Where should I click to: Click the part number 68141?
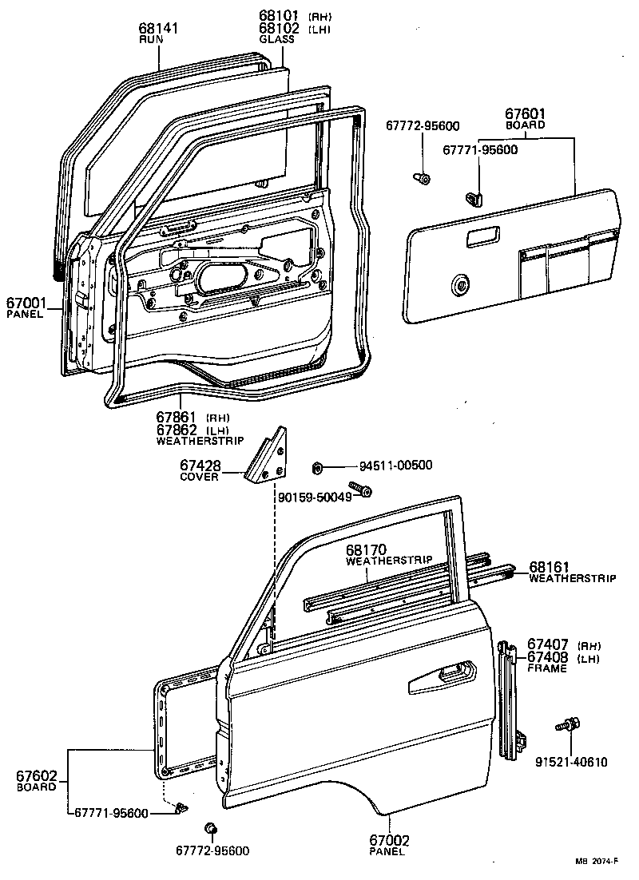158,29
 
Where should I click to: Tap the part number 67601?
525,114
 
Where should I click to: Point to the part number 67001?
26,303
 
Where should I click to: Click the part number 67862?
177,430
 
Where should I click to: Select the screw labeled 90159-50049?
359,489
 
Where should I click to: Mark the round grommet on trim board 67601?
460,284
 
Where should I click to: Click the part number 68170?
366,550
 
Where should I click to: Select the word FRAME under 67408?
546,668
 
